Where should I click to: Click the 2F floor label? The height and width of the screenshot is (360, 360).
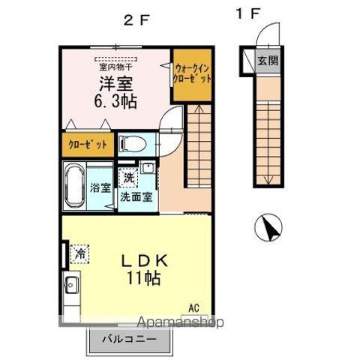coord(136,20)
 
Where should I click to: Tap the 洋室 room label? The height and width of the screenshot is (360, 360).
coord(116,83)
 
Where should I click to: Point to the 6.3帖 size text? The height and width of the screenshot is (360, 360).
coord(115,101)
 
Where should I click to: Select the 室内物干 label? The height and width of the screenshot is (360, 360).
coord(115,67)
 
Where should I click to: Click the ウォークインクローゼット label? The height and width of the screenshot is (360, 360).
coord(192,73)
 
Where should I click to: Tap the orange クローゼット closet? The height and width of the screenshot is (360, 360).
coord(88,145)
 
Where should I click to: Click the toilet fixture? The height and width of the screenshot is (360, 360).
coord(133,144)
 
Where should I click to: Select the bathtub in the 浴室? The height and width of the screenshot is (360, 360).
coord(74,186)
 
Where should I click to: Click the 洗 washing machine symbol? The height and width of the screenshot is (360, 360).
coord(128,178)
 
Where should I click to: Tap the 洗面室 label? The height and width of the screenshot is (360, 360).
coord(136,197)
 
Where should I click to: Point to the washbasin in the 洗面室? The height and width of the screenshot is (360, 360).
coord(148,167)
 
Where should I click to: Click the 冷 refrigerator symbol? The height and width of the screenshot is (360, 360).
coord(79,254)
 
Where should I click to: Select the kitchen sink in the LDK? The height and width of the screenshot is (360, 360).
coord(70,285)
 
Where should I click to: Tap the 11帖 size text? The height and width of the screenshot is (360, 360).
coord(143,278)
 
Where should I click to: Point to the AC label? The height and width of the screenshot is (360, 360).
coord(193,308)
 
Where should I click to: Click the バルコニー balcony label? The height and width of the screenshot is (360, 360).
coord(129,339)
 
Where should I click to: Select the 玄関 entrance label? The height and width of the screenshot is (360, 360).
coord(268,61)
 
